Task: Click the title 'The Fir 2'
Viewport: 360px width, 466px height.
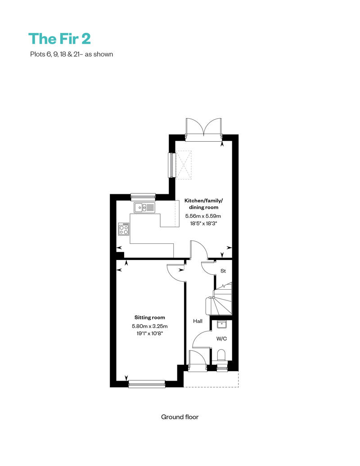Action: point(59,39)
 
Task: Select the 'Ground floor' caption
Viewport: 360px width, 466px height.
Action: point(180,417)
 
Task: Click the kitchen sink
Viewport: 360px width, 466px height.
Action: point(144,207)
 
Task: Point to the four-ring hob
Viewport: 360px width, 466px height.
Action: point(124,229)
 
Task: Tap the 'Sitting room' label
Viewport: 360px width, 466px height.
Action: point(149,318)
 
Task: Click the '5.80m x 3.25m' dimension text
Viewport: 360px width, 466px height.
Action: point(149,326)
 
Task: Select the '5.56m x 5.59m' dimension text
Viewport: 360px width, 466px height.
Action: point(203,216)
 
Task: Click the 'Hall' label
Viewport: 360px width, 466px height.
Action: point(198,321)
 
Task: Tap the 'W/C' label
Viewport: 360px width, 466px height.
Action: point(221,339)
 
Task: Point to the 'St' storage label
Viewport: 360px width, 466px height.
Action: point(223,271)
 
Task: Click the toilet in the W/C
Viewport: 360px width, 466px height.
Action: point(221,355)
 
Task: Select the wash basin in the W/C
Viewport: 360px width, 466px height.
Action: point(221,324)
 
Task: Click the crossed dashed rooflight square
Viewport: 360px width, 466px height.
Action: point(184,165)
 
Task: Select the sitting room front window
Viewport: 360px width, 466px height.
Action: point(147,384)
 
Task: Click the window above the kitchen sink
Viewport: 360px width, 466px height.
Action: point(143,197)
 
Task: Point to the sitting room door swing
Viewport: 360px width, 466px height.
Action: point(175,273)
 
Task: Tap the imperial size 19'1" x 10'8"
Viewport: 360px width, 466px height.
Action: point(149,333)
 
